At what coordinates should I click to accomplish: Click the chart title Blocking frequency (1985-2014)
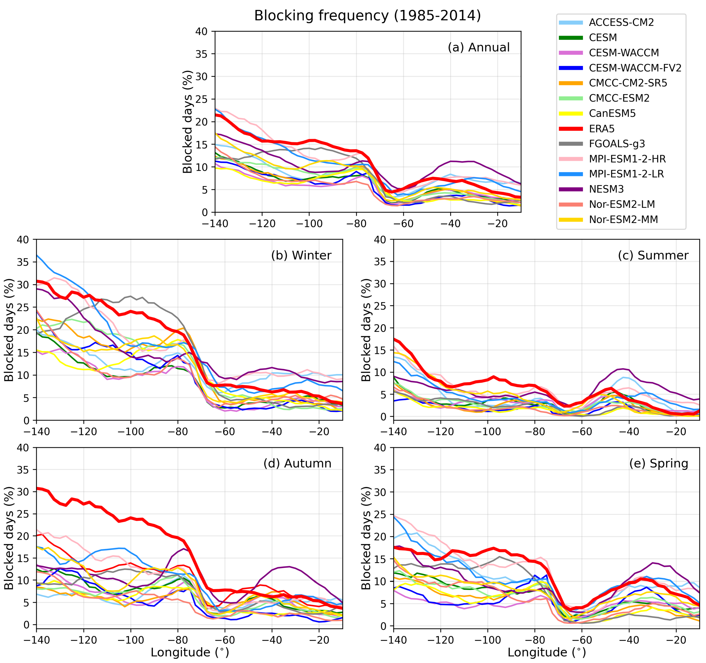(367, 16)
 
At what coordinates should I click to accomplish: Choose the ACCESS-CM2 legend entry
(621, 22)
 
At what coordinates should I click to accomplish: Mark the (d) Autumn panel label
(297, 463)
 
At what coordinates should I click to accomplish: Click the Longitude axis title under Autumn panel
(190, 652)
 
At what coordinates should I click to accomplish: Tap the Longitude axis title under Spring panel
(546, 652)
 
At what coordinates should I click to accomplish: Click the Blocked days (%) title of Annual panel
(187, 122)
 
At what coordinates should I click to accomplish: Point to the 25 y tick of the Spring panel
(380, 514)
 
